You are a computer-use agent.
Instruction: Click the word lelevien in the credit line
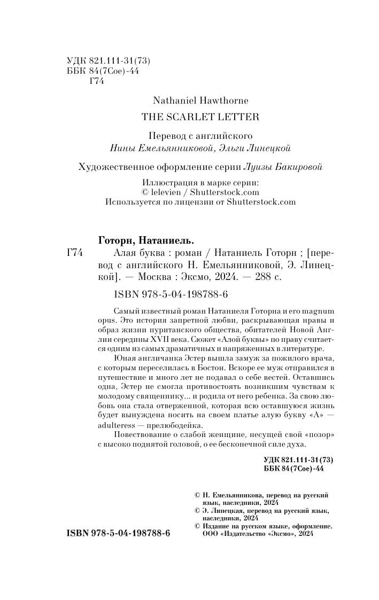pos(164,192)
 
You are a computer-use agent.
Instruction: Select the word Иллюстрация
pos(164,183)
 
